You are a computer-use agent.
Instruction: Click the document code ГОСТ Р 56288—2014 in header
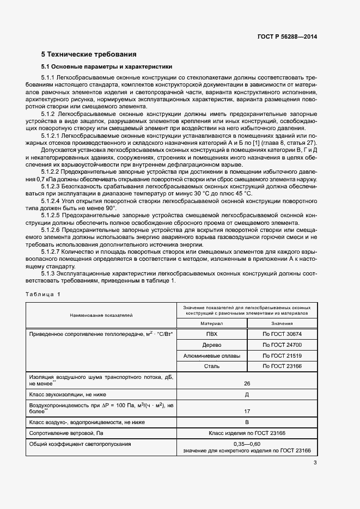(287, 36)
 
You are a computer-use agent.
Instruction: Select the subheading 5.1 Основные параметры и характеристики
(107, 67)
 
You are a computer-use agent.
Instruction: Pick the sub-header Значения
(282, 323)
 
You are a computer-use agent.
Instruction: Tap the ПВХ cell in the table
(211, 334)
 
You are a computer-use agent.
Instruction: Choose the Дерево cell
(211, 345)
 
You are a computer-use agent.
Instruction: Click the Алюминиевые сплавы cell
(211, 355)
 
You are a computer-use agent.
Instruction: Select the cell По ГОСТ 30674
(282, 334)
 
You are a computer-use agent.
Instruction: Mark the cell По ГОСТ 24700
(282, 345)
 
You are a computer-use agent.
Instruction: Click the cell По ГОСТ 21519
(282, 355)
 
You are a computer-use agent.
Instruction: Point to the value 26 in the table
(247, 383)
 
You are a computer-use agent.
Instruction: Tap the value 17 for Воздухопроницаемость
(247, 411)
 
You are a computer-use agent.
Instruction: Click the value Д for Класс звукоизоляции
(247, 394)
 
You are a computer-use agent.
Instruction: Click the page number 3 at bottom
(315, 463)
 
